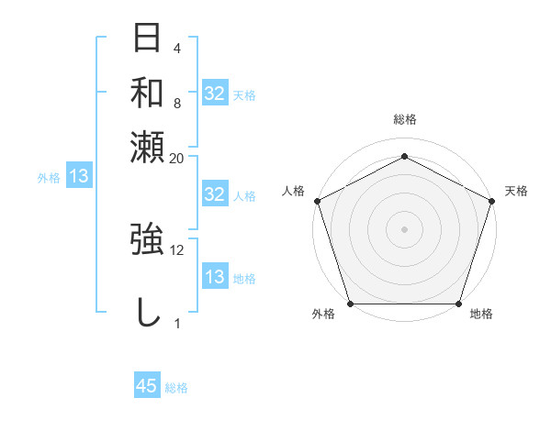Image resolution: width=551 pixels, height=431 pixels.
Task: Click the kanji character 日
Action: (x=148, y=39)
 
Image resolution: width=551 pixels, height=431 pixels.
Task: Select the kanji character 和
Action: (x=148, y=92)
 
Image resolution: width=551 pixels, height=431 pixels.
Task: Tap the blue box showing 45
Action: (x=147, y=386)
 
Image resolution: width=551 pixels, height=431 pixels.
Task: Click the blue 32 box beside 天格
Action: (x=214, y=94)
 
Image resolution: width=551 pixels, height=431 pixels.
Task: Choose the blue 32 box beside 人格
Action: (x=214, y=194)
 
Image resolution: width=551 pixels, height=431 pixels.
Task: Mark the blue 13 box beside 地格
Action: (x=214, y=277)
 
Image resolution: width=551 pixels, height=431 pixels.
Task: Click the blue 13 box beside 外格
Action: (x=78, y=176)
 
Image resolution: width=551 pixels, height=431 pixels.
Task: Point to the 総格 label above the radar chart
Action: (x=404, y=119)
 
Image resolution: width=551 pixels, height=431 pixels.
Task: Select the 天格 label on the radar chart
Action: (x=516, y=191)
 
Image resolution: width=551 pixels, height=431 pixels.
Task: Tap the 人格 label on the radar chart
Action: (x=293, y=191)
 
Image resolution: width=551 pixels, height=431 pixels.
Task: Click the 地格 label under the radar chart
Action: (x=481, y=315)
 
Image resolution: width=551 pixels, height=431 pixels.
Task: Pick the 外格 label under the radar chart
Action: (x=323, y=315)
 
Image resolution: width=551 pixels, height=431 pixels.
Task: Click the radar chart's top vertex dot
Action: (x=404, y=156)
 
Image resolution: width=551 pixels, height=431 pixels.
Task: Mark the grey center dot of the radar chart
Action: (x=404, y=228)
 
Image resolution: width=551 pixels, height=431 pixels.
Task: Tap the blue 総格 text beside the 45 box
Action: (x=176, y=388)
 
